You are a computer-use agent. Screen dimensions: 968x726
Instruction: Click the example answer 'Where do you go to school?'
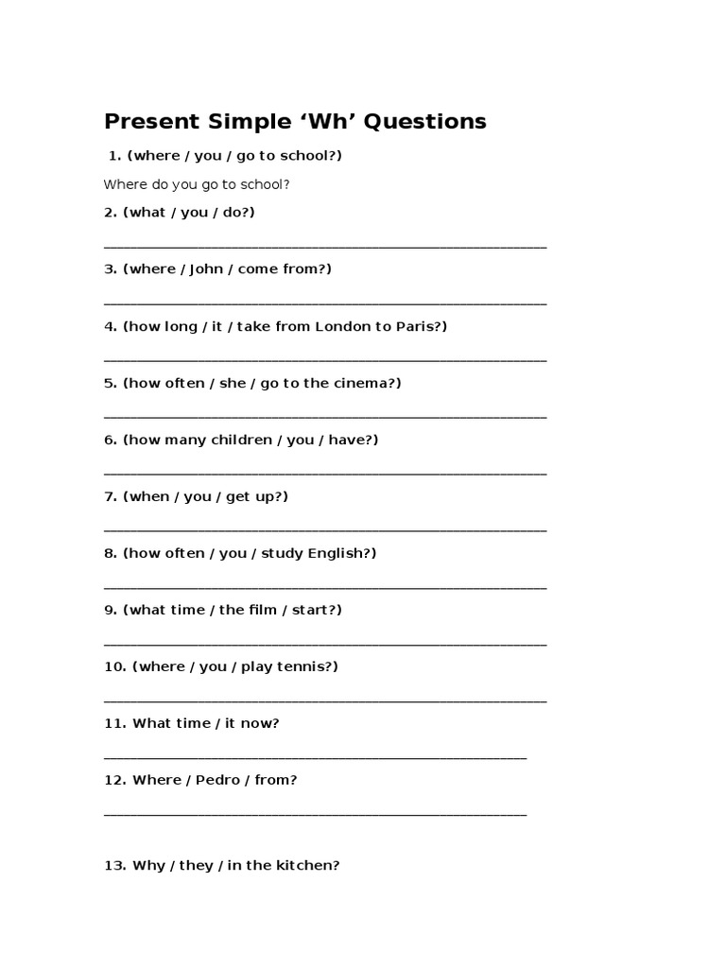click(197, 184)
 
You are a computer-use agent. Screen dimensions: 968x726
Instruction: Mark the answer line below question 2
click(324, 247)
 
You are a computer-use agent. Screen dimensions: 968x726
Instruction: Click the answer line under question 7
click(324, 530)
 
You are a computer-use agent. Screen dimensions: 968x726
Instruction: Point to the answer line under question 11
click(315, 757)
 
